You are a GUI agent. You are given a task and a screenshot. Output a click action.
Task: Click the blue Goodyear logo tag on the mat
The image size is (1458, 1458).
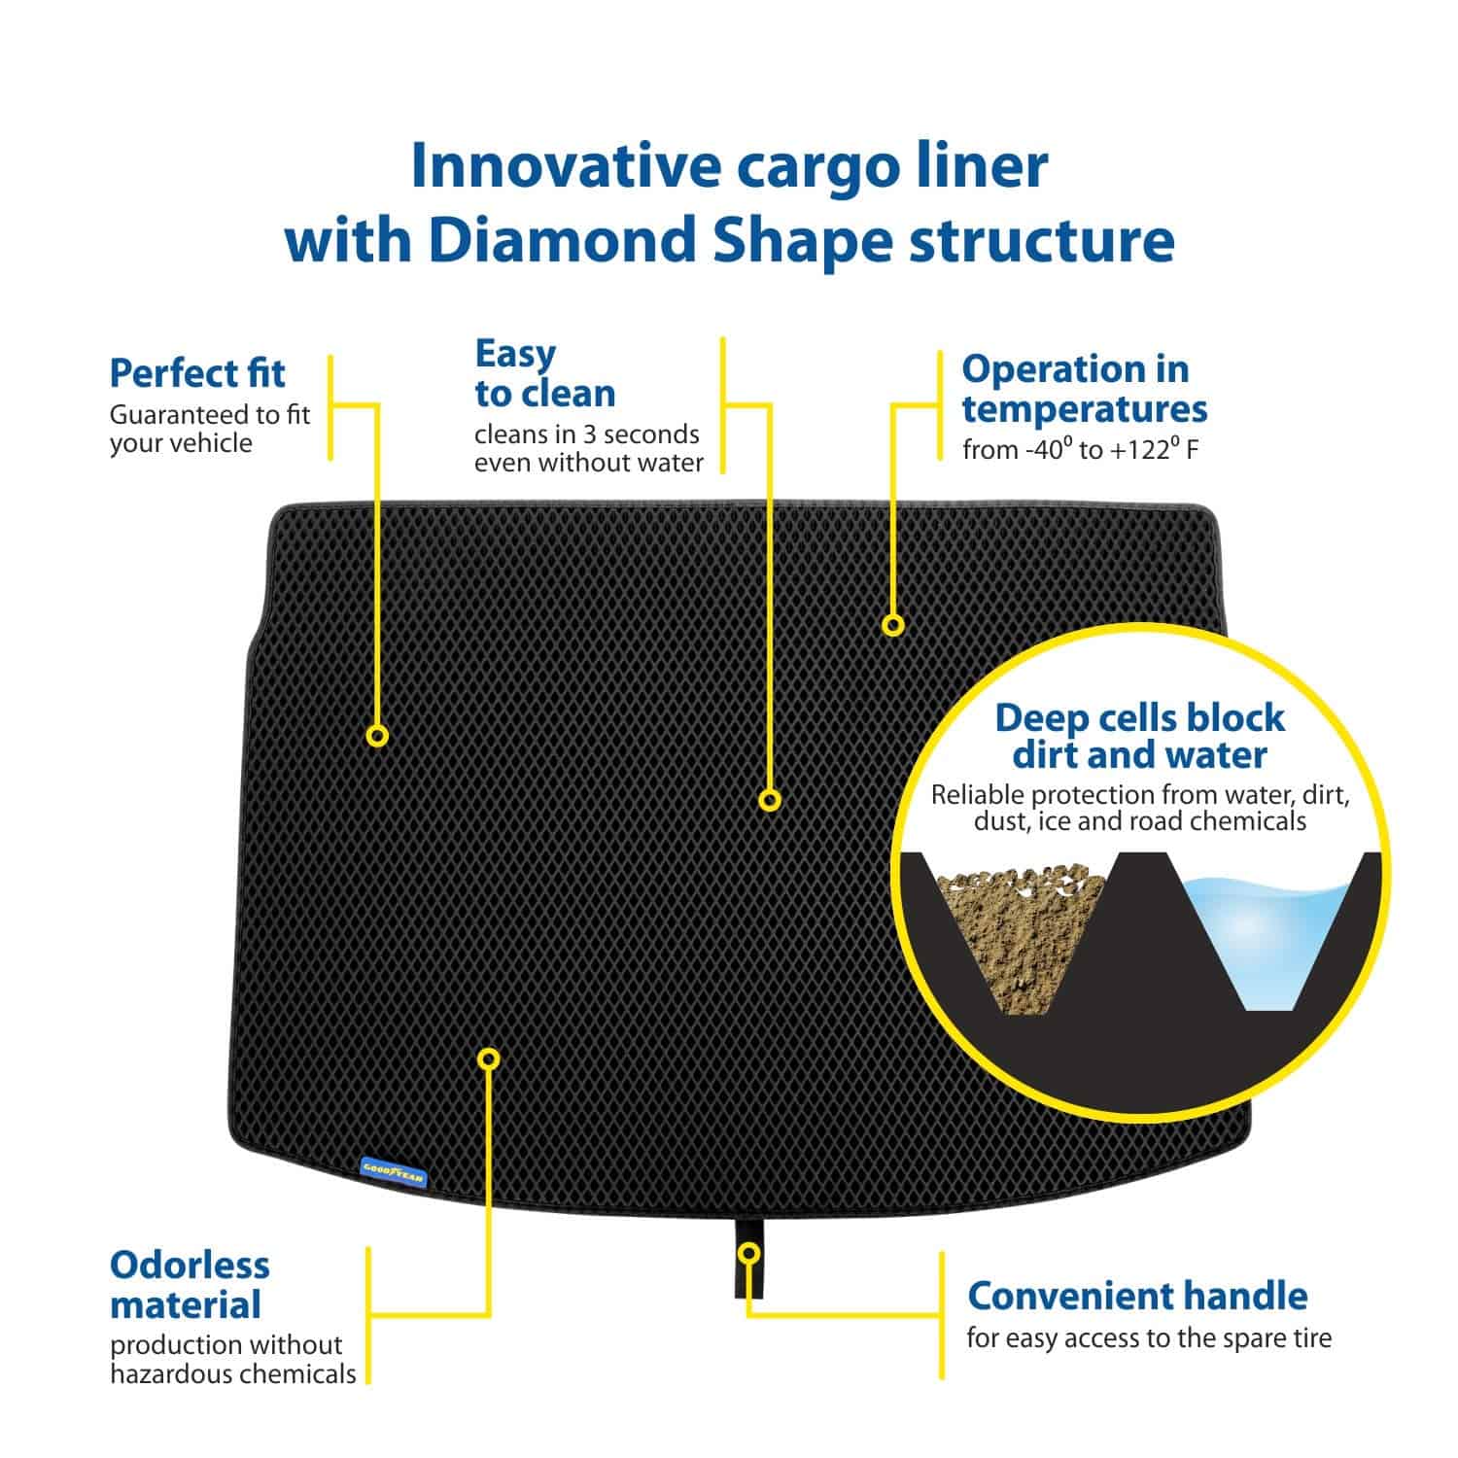393,1170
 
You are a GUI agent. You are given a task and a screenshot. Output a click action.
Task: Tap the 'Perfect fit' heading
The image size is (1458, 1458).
197,373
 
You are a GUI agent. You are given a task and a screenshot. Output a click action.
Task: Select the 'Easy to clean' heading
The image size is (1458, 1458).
544,373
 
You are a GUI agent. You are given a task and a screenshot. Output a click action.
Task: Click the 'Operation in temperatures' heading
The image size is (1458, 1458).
1084,389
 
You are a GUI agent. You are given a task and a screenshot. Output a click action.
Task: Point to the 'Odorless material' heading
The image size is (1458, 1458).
190,1284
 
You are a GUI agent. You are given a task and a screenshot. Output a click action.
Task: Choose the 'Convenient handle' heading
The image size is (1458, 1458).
1137,1296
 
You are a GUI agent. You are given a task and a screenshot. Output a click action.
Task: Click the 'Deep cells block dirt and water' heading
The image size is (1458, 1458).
1139,736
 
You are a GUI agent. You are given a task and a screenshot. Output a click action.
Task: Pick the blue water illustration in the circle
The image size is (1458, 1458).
1264,933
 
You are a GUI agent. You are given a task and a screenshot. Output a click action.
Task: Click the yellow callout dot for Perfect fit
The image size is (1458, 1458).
377,736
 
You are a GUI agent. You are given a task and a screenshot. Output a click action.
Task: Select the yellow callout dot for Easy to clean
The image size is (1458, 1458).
770,800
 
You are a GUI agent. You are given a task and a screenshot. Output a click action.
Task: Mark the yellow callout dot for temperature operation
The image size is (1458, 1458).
892,625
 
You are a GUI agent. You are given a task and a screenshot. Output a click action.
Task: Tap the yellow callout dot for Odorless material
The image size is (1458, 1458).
489,1058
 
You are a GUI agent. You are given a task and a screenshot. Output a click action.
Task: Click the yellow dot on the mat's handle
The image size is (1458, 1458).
747,1253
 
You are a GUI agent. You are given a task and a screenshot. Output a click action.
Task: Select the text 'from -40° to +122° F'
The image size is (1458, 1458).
1080,450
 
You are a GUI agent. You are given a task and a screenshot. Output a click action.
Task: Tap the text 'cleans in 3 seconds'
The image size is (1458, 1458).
586,434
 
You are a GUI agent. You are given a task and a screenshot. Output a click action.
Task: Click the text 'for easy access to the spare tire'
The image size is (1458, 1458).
1149,1338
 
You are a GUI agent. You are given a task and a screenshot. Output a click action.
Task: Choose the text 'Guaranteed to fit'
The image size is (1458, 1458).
209,415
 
